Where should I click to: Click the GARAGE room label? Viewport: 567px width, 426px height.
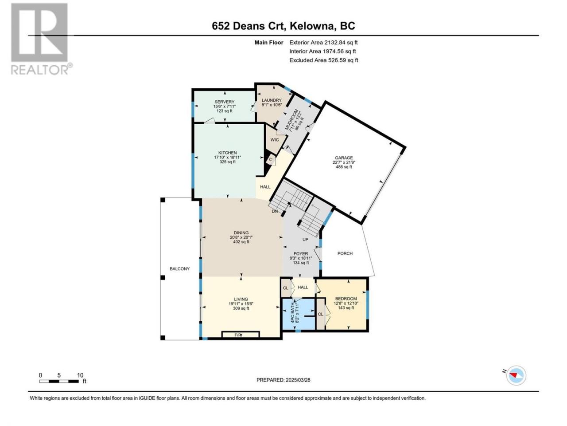[x=344, y=158]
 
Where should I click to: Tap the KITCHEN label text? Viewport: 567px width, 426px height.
[x=227, y=153]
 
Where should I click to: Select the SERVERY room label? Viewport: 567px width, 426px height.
[x=225, y=102]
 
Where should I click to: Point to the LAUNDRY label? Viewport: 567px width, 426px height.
[x=272, y=100]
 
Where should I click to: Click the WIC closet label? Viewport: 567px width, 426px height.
[x=275, y=140]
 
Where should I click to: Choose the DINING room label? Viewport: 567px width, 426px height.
[x=241, y=233]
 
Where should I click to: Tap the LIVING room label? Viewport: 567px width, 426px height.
[x=241, y=299]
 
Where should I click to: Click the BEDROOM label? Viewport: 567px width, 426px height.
[x=346, y=299]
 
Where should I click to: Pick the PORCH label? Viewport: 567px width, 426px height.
[x=345, y=253]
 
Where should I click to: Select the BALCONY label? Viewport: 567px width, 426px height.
[x=179, y=269]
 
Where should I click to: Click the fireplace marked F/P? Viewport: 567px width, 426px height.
[x=241, y=335]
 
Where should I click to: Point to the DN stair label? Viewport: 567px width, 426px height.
[x=275, y=211]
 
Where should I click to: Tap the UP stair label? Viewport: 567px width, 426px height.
[x=305, y=240]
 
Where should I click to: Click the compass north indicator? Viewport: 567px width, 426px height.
[x=516, y=375]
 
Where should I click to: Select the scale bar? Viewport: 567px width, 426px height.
[x=59, y=381]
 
